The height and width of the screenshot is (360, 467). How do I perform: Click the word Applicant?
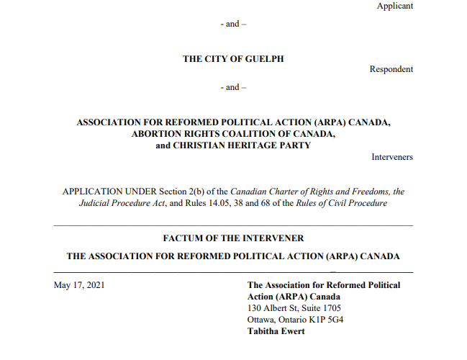point(395,6)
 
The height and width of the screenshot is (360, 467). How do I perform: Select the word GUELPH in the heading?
point(264,59)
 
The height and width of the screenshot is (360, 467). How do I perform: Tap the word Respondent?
point(391,70)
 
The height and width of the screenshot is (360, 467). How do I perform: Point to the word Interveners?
point(392,157)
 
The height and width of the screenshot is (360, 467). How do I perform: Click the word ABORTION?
point(157,134)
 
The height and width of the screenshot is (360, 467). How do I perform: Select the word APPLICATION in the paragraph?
point(94,192)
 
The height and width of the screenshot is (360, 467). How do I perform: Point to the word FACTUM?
point(185,238)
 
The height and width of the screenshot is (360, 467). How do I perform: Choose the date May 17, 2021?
point(79,285)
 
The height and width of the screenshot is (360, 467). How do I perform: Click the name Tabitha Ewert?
point(276,331)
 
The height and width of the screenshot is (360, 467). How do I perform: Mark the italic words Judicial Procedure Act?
point(119,203)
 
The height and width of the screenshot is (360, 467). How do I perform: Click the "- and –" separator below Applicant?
point(233,24)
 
